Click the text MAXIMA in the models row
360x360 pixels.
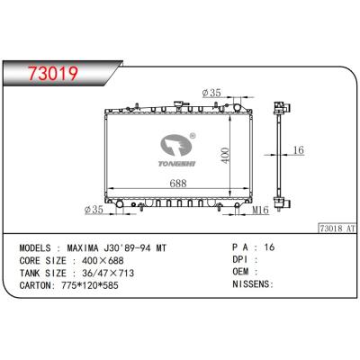pos(89,246)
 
